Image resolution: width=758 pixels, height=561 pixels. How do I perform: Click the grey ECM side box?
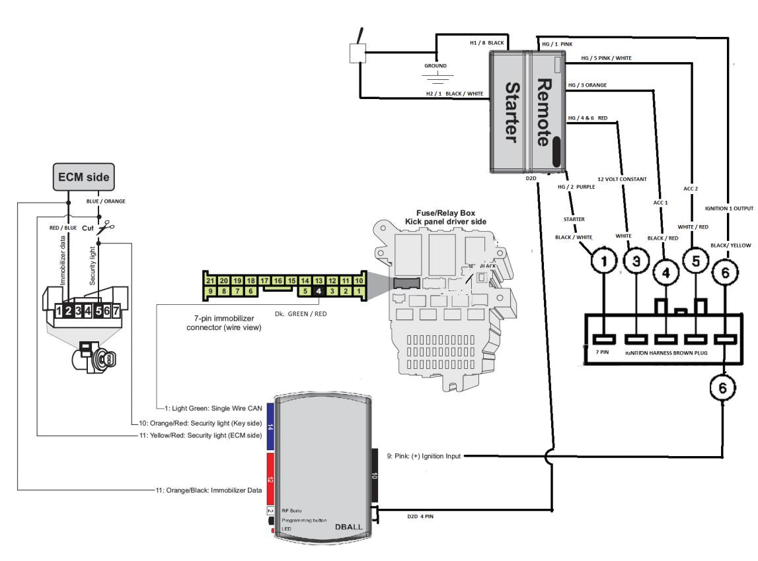pyautogui.click(x=85, y=176)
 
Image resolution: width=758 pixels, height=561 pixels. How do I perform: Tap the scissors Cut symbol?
pyautogui.click(x=104, y=228)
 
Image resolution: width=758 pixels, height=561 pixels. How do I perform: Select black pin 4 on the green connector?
pyautogui.click(x=319, y=290)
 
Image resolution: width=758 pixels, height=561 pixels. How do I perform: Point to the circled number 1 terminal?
pyautogui.click(x=603, y=263)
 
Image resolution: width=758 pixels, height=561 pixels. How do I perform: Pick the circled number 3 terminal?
pyautogui.click(x=636, y=263)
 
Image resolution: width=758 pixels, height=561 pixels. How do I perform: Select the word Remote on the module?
pyautogui.click(x=543, y=113)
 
